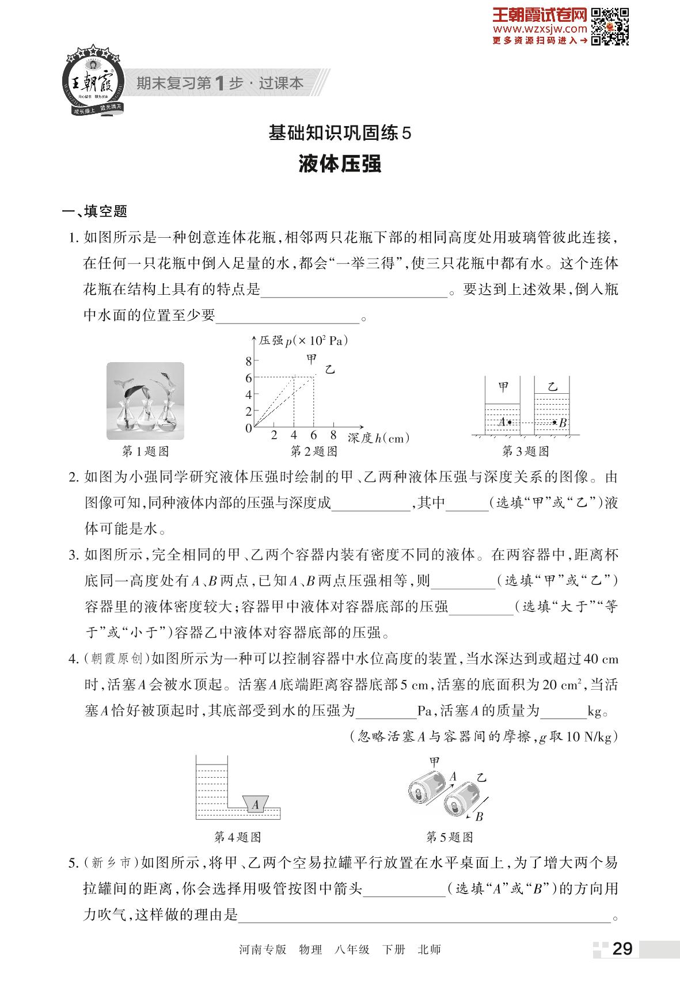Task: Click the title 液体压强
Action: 340,164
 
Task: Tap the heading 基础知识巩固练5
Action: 340,134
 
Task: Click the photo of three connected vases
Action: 146,401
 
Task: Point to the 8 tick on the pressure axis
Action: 249,362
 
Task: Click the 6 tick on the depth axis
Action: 314,436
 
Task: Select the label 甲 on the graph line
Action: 311,359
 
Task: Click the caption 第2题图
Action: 314,451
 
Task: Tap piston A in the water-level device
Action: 255,804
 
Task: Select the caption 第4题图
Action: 237,837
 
